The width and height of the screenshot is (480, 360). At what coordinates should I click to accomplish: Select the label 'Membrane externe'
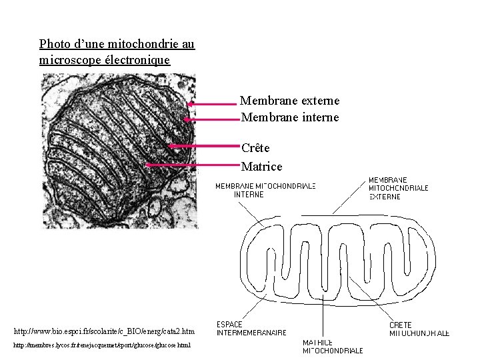289,101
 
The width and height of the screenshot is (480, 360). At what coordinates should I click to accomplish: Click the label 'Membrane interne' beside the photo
289,117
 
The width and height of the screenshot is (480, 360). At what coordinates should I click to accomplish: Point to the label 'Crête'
255,148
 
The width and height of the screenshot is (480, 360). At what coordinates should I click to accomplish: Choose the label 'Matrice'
261,166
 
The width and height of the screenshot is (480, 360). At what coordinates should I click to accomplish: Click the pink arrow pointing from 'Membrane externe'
212,104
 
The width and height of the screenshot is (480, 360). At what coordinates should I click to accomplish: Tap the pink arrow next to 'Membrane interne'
211,120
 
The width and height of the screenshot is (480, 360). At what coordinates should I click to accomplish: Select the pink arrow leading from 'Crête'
203,145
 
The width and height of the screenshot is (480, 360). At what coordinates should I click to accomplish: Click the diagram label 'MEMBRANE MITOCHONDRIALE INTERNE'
265,190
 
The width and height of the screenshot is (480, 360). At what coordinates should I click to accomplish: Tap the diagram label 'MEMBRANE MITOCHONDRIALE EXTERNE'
398,188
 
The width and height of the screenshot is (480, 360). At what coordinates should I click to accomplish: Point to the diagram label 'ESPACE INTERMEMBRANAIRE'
251,328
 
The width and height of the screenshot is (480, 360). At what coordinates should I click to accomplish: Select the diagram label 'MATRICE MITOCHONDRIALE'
333,346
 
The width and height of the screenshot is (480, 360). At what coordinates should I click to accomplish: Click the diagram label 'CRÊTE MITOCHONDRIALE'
419,329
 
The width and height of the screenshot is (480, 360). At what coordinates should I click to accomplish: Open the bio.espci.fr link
104,331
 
